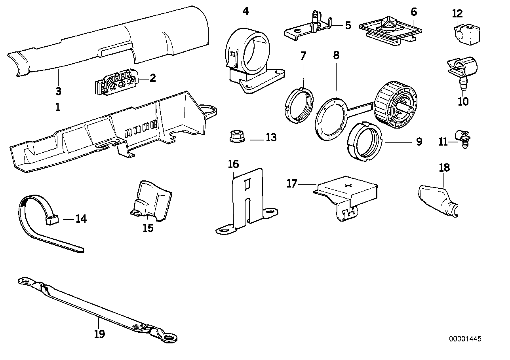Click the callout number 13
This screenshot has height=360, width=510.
click(271, 138)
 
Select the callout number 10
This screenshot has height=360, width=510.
click(462, 102)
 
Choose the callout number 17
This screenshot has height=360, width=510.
click(292, 184)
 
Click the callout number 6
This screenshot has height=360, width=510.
click(414, 12)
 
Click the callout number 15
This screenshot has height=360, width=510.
click(148, 229)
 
